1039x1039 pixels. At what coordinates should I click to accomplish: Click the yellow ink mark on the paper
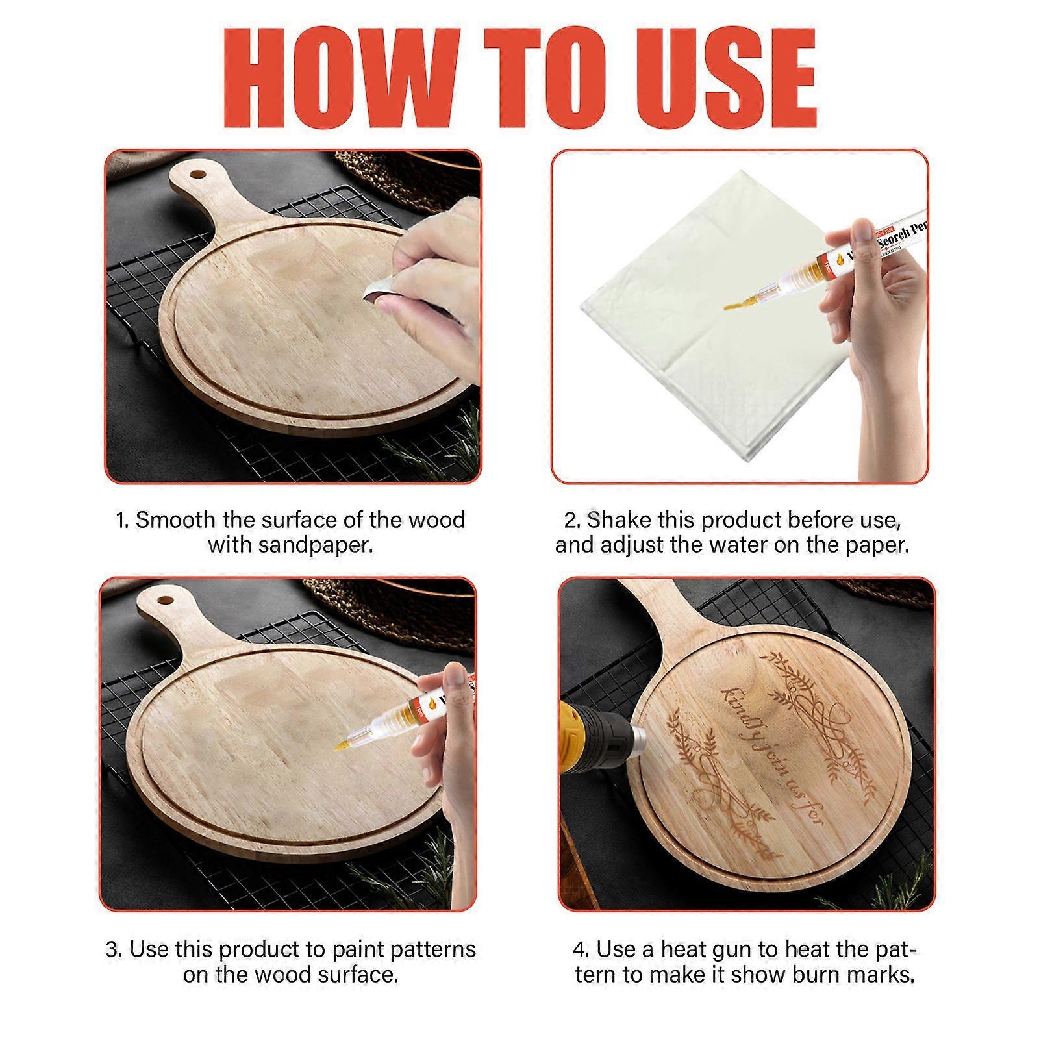point(734,305)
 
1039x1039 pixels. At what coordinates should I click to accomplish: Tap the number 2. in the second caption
point(572,520)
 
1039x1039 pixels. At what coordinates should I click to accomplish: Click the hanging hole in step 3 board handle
point(163,595)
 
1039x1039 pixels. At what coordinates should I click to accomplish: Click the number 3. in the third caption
point(114,949)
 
